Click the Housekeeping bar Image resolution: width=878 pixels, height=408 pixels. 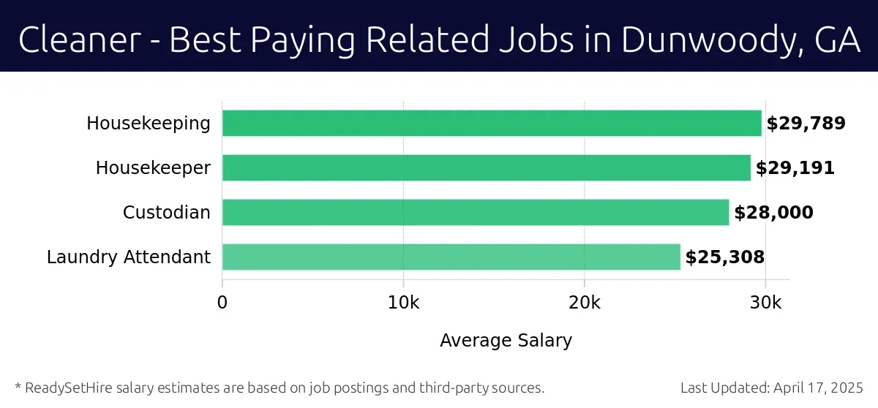pos(492,123)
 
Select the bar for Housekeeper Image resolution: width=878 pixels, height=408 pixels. pos(487,167)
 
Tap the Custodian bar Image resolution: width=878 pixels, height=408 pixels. pos(476,212)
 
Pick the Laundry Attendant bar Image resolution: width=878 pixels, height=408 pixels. pos(451,257)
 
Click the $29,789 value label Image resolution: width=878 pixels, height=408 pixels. pos(806,124)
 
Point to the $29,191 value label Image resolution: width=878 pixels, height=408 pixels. pos(795,168)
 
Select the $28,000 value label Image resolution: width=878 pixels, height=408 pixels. pos(773,213)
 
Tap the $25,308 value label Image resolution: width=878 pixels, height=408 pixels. pos(724,257)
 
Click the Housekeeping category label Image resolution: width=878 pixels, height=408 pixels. pos(149,124)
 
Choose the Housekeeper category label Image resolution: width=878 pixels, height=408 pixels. pos(153,168)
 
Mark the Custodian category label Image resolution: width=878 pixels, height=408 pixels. pos(167,213)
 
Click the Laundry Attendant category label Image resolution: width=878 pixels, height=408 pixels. pos(129,257)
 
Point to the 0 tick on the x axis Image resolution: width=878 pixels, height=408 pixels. pos(222,302)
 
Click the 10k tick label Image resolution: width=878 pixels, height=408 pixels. pos(403,302)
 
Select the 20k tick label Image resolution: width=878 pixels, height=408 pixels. pos(584,302)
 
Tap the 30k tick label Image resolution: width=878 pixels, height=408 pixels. pos(765,302)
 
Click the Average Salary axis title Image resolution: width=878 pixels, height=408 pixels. pos(506,340)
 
